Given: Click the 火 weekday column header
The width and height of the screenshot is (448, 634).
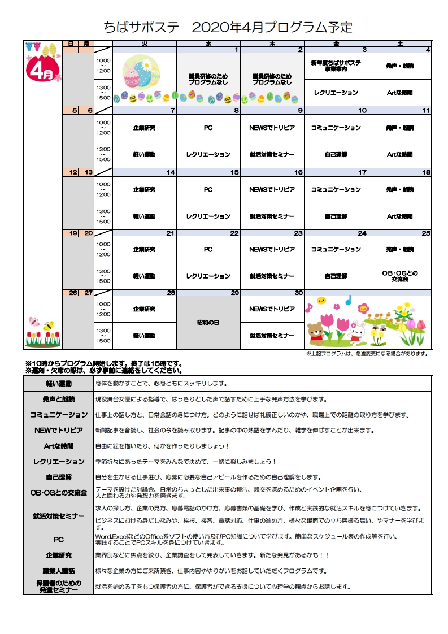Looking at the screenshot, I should pyautogui.click(x=145, y=44).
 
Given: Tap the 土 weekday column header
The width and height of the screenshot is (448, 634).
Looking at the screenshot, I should pyautogui.click(x=399, y=44).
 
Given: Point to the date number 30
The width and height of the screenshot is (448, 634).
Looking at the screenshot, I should pyautogui.click(x=299, y=293).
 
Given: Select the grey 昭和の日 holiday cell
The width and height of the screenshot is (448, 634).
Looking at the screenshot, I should pyautogui.click(x=208, y=322).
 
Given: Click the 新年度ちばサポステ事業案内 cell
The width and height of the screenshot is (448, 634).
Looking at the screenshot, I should pyautogui.click(x=336, y=66).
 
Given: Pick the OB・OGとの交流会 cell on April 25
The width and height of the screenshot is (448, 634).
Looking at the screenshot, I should pyautogui.click(x=399, y=276).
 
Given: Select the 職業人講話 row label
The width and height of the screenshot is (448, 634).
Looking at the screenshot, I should pyautogui.click(x=59, y=571).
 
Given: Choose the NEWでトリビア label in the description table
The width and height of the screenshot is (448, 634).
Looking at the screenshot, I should pyautogui.click(x=59, y=430).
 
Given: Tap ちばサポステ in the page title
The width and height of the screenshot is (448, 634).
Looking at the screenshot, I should pyautogui.click(x=142, y=27).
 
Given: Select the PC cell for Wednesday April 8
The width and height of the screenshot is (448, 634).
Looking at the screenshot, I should pyautogui.click(x=208, y=128).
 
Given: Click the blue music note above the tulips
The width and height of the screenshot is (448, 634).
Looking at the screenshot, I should pyautogui.click(x=349, y=300).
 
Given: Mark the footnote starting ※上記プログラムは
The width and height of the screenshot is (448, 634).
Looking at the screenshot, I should pyautogui.click(x=367, y=354).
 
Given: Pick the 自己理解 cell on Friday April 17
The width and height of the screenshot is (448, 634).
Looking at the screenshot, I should pyautogui.click(x=336, y=216).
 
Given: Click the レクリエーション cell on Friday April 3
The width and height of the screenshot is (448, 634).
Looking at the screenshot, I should pyautogui.click(x=336, y=93).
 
